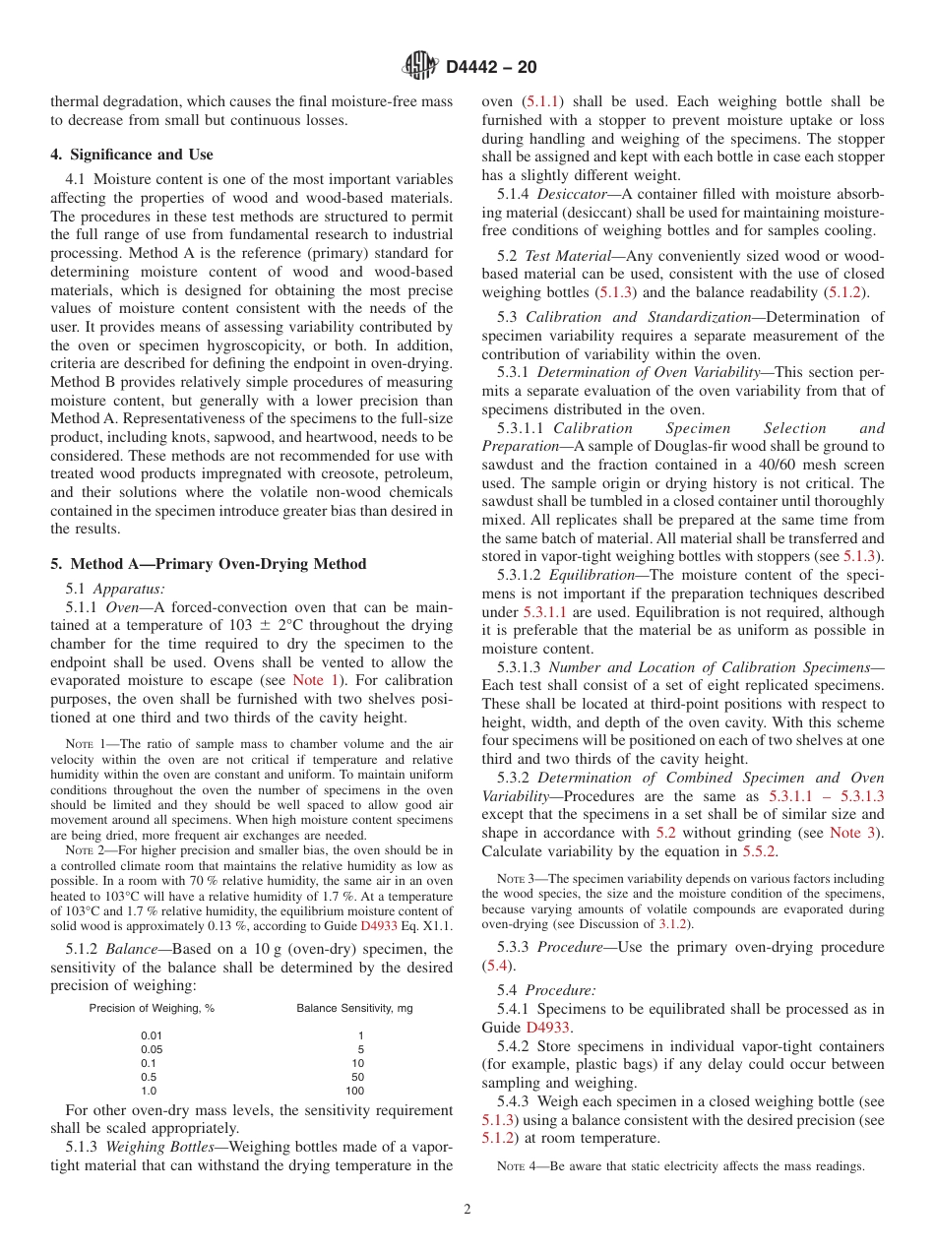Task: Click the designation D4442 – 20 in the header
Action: tap(491, 67)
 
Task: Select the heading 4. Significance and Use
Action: tap(131, 155)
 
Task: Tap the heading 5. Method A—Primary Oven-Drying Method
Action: tap(208, 564)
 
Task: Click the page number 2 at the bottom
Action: tap(467, 1210)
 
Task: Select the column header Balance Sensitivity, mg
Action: tap(354, 1008)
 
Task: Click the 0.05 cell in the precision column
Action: tap(152, 1049)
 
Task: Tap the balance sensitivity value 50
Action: tap(358, 1077)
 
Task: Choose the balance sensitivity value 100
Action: tap(355, 1091)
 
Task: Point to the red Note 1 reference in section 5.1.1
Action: tap(313, 680)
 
